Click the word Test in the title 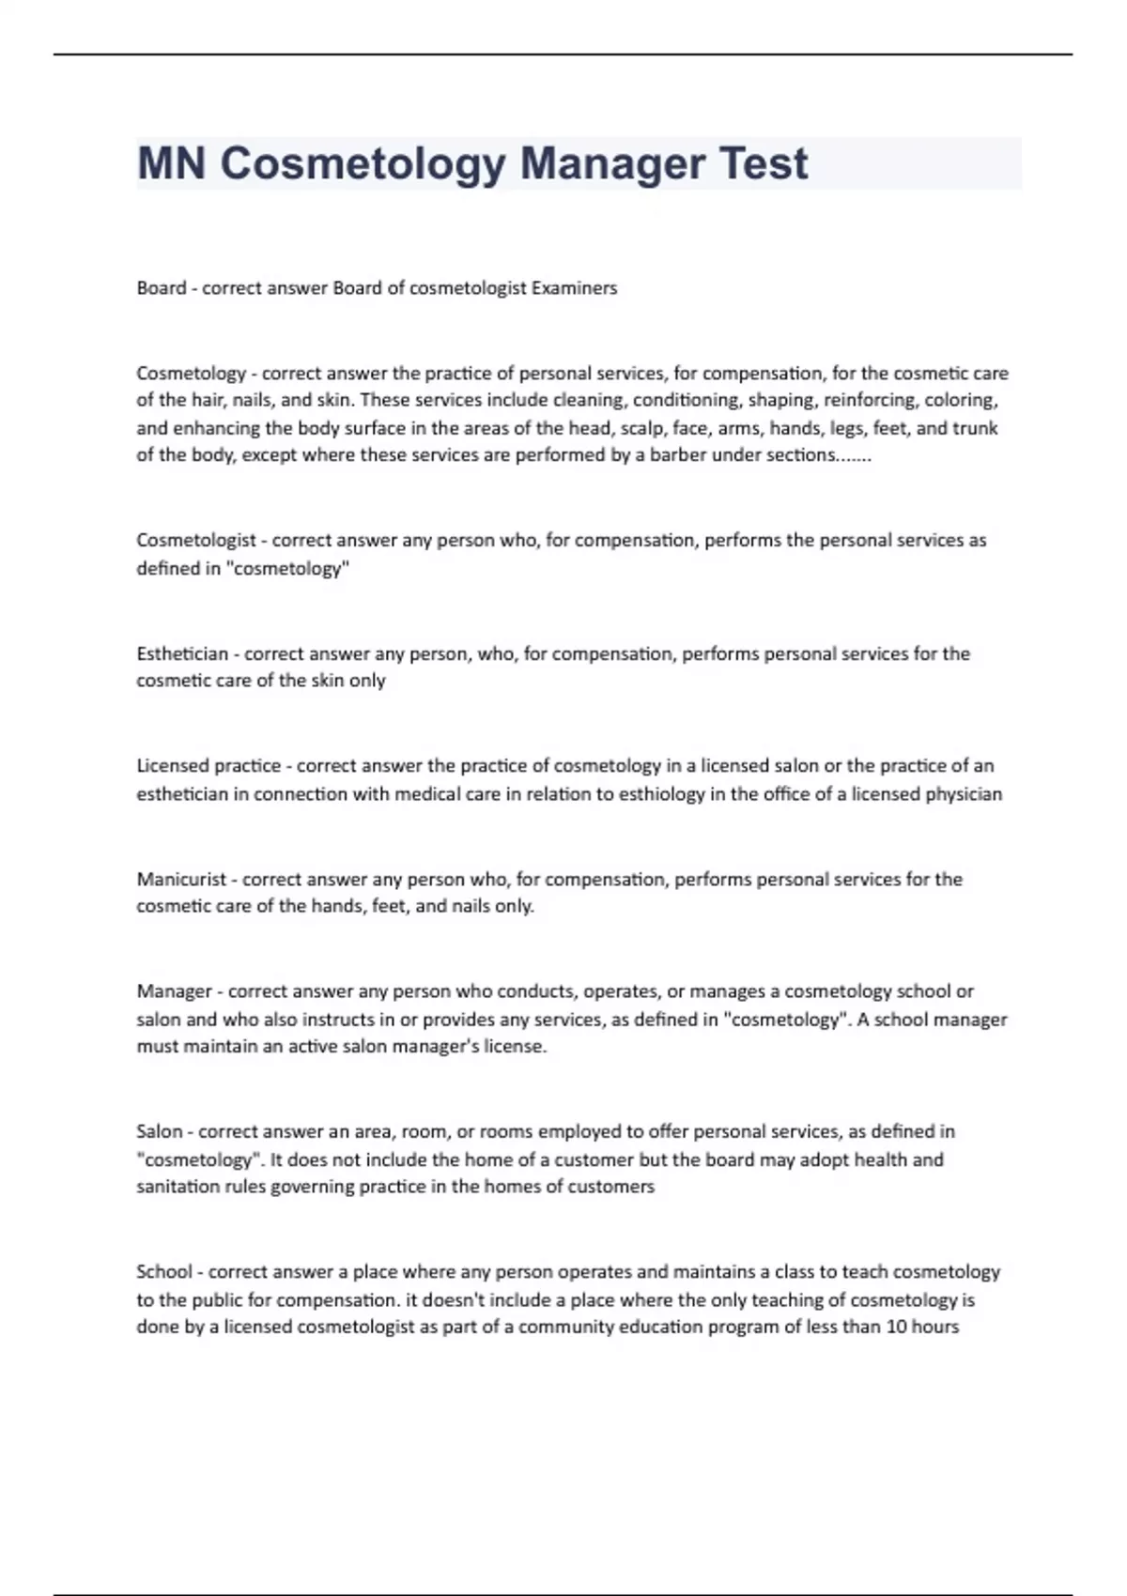pos(763,163)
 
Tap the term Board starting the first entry pos(161,288)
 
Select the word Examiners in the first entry pos(574,288)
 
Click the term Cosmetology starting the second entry pos(191,373)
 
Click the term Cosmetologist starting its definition pos(195,540)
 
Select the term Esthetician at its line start pos(182,653)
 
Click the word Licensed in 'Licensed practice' pos(173,766)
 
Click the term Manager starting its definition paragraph pos(174,991)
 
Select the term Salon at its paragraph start pos(159,1131)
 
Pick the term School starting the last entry pos(163,1272)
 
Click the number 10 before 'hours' pos(896,1327)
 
